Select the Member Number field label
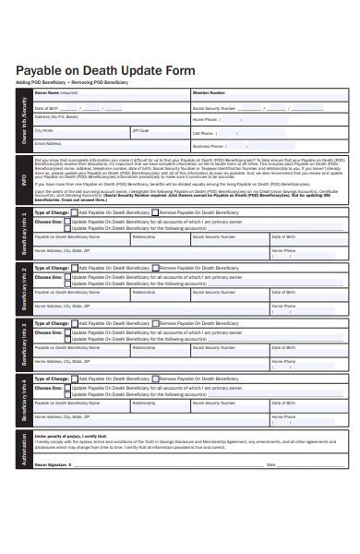click(209, 92)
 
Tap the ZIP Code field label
click(140, 130)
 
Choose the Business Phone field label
click(209, 146)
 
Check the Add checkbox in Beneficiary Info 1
click(75, 212)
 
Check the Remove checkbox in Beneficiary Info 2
click(156, 268)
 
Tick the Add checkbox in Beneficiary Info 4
click(75, 379)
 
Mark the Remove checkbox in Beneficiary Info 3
click(156, 323)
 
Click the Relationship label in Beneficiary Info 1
click(144, 237)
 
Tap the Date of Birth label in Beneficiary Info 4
click(282, 403)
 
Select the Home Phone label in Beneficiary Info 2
click(283, 305)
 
